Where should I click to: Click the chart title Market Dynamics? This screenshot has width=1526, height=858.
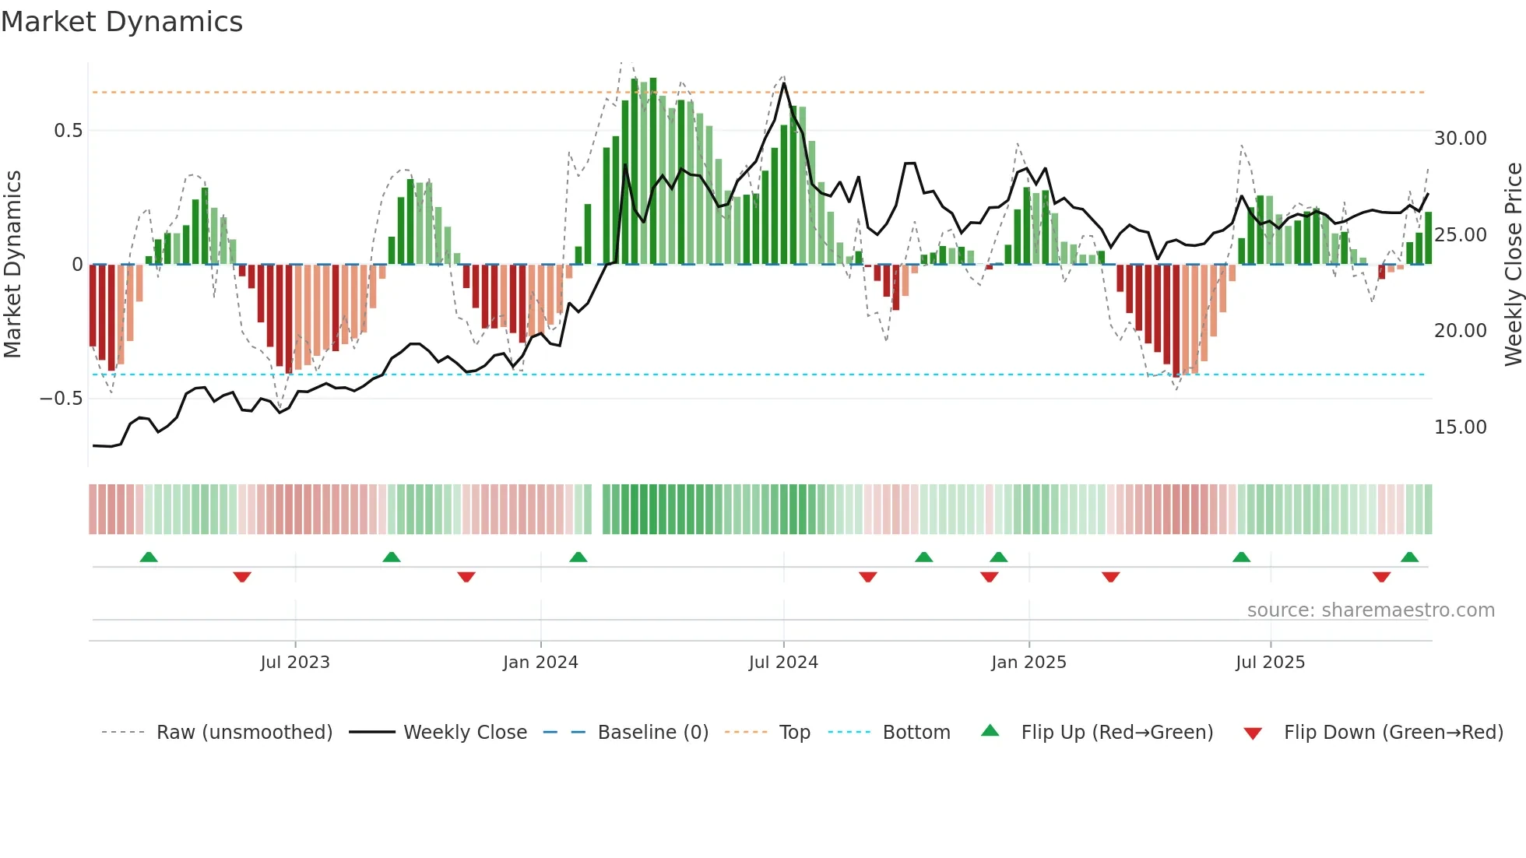pyautogui.click(x=121, y=22)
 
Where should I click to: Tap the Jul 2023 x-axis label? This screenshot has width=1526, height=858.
pyautogui.click(x=295, y=663)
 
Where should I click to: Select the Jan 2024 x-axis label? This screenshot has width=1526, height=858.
pyautogui.click(x=540, y=663)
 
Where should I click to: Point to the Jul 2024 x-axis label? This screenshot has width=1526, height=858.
pyautogui.click(x=783, y=663)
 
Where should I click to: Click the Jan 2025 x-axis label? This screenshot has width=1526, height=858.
pyautogui.click(x=1028, y=663)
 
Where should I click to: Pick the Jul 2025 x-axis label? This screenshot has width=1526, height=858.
pyautogui.click(x=1270, y=663)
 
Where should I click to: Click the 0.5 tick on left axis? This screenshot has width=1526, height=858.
pyautogui.click(x=69, y=131)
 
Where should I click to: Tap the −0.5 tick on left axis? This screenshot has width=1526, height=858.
pyautogui.click(x=62, y=399)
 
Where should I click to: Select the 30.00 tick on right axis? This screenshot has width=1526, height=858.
pyautogui.click(x=1461, y=139)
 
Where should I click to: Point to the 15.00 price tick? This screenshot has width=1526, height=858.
pyautogui.click(x=1461, y=427)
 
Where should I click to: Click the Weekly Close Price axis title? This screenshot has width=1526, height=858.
pyautogui.click(x=1513, y=265)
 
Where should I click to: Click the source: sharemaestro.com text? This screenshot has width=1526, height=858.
pyautogui.click(x=1370, y=610)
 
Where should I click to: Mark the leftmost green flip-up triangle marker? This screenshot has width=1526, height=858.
pyautogui.click(x=149, y=557)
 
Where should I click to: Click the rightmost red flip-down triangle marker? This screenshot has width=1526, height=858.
pyautogui.click(x=1381, y=577)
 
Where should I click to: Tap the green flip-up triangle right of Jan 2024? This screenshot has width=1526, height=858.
pyautogui.click(x=578, y=557)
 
